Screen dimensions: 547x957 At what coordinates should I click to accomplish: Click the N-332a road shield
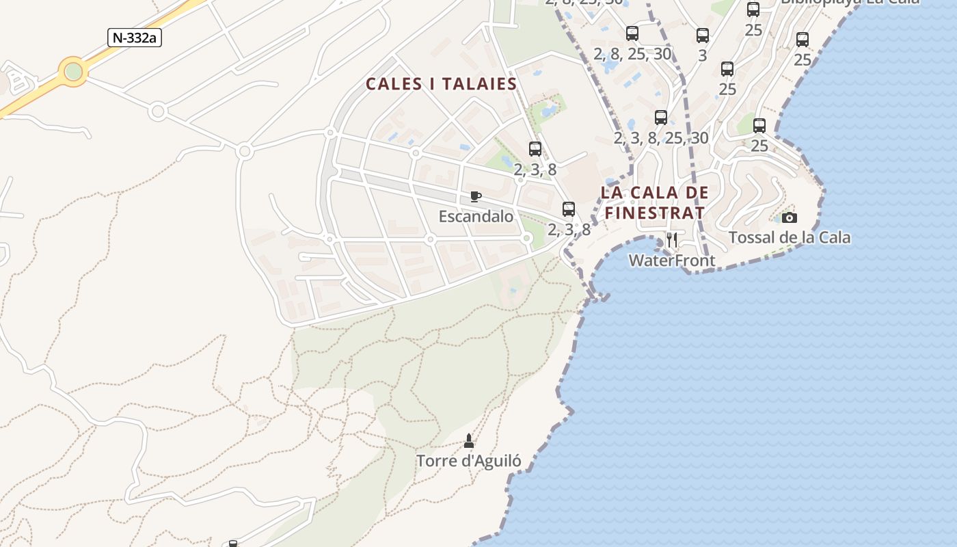click(x=135, y=38)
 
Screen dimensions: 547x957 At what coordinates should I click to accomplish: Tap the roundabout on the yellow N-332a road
click(x=73, y=72)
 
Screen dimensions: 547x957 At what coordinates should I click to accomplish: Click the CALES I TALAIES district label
click(x=441, y=84)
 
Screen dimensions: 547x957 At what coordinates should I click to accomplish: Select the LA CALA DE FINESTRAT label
click(x=655, y=202)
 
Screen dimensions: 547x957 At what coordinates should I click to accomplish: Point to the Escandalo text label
click(x=476, y=217)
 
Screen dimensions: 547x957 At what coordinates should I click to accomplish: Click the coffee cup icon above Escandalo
click(x=476, y=197)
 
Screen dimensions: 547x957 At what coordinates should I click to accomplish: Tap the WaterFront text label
click(x=672, y=261)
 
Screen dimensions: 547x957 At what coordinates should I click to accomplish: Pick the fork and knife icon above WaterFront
click(x=672, y=239)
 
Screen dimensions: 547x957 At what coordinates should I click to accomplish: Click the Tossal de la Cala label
click(x=790, y=238)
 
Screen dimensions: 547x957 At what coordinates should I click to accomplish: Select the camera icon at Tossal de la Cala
click(x=790, y=218)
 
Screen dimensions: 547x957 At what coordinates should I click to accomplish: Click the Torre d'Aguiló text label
click(x=469, y=461)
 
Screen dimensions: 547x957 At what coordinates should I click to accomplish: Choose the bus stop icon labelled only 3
click(x=703, y=36)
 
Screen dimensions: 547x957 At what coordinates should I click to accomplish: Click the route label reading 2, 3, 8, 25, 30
click(x=661, y=138)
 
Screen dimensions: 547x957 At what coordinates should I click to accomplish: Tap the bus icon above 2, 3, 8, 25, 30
click(x=661, y=118)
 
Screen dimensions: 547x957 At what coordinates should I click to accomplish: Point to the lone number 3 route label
click(x=703, y=56)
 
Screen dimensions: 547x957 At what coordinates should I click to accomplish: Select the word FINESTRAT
click(x=655, y=213)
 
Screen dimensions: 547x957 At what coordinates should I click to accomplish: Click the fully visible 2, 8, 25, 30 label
click(x=632, y=54)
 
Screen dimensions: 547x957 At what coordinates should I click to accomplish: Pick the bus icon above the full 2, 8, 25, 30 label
click(x=632, y=34)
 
